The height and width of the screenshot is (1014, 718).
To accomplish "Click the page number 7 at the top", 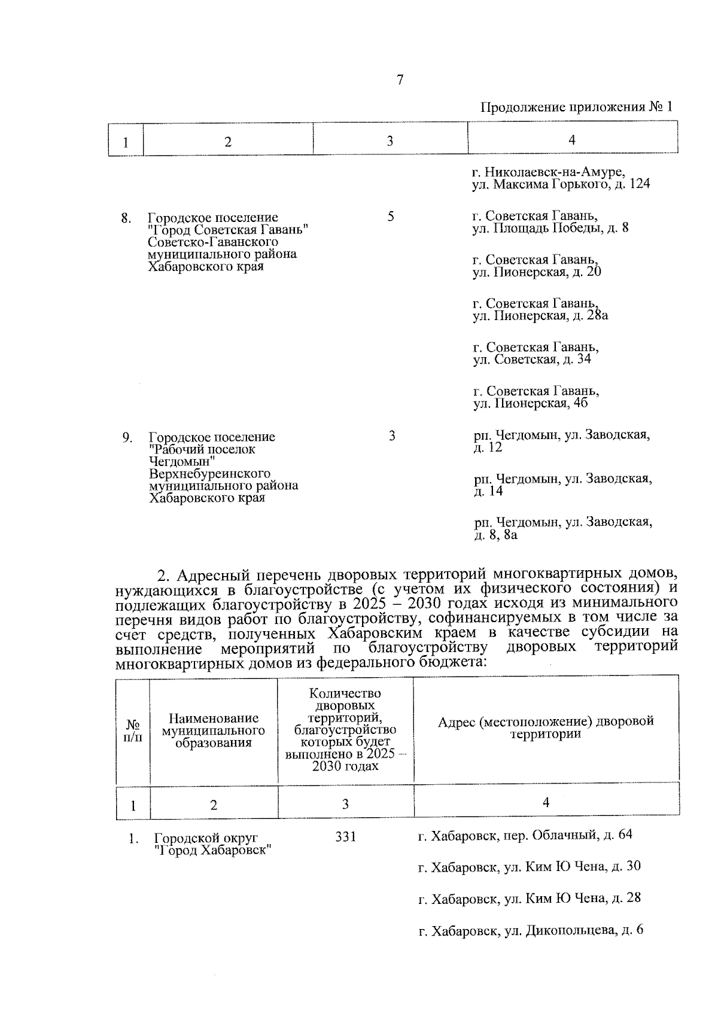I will point(400,80).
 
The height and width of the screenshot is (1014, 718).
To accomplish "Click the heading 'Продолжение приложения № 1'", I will point(576,107).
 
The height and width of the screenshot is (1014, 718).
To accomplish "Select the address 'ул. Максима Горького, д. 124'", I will point(561,185).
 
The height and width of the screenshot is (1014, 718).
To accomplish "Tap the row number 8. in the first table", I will point(126,218).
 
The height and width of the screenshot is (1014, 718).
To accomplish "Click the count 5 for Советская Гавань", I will point(390,217).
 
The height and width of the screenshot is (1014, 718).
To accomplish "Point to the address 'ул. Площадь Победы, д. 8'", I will point(550,229).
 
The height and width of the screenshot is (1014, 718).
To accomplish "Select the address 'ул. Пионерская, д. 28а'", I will point(540,315).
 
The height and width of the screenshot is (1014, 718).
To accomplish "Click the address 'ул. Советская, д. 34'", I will point(532,360).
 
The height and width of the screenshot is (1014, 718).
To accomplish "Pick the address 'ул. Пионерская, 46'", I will point(530,403).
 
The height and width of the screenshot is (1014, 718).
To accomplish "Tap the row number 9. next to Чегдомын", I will point(127,438).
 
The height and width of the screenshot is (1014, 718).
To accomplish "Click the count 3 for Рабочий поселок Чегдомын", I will point(391,436).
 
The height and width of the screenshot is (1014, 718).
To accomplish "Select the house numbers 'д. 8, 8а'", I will point(495,535).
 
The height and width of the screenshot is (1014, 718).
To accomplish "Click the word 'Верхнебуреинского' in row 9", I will point(209,474).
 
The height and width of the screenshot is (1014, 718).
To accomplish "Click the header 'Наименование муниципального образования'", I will point(214,730).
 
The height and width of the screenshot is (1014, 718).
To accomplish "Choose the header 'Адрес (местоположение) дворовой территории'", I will point(546,727).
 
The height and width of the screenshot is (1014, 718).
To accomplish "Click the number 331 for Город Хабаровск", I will point(345,837).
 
